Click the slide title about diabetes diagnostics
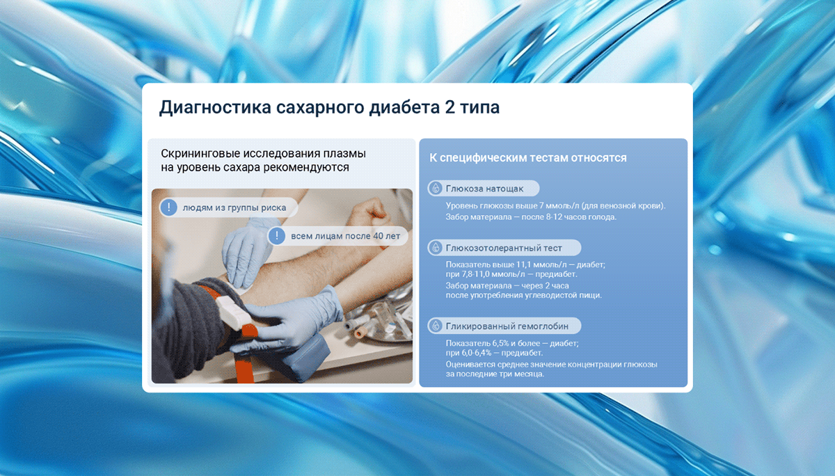click(x=330, y=107)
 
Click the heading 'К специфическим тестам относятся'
click(x=528, y=158)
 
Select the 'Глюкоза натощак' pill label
click(x=484, y=189)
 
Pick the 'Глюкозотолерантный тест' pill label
click(x=504, y=248)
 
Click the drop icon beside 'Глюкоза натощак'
click(x=435, y=188)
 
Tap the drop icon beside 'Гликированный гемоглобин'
click(x=435, y=326)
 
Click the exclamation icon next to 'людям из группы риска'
click(x=168, y=207)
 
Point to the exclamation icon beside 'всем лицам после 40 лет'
click(x=277, y=236)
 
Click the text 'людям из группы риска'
click(x=234, y=207)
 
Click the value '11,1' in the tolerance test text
click(x=523, y=264)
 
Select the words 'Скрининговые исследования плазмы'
click(x=263, y=154)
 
